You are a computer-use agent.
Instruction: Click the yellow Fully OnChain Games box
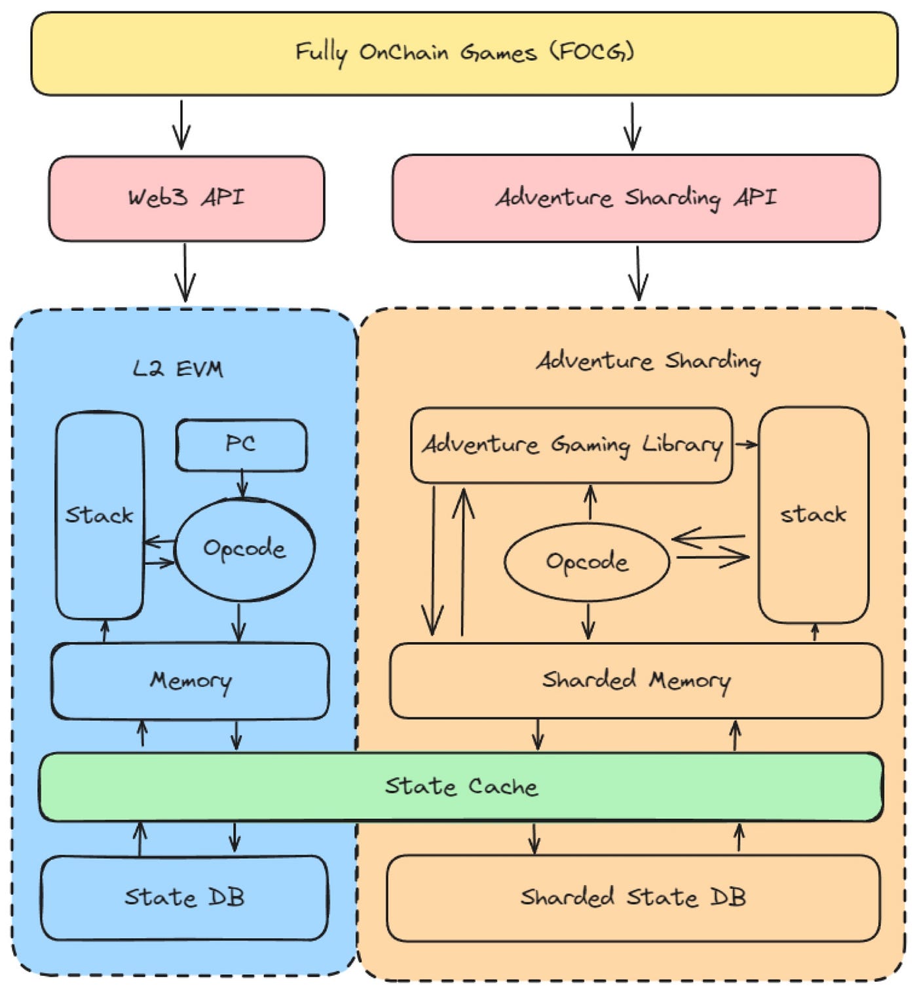pyautogui.click(x=464, y=53)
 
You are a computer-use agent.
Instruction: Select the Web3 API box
pyautogui.click(x=186, y=198)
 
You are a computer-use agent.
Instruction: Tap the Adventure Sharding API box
pyautogui.click(x=635, y=198)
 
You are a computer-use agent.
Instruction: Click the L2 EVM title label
pyautogui.click(x=178, y=369)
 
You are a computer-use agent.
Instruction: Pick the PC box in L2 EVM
pyautogui.click(x=241, y=445)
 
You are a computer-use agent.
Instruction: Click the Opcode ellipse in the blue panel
pyautogui.click(x=244, y=549)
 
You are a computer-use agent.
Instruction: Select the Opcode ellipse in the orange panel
pyautogui.click(x=587, y=562)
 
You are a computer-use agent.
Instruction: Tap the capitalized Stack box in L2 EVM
pyautogui.click(x=99, y=516)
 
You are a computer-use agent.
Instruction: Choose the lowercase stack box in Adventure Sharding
pyautogui.click(x=813, y=515)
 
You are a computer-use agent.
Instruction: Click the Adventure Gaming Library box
pyautogui.click(x=571, y=445)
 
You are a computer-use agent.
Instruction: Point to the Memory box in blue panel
pyautogui.click(x=190, y=681)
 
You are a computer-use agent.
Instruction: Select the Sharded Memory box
pyautogui.click(x=635, y=681)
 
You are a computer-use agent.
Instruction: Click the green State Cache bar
pyautogui.click(x=461, y=786)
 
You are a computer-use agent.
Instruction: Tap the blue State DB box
pyautogui.click(x=184, y=897)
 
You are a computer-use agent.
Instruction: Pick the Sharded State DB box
pyautogui.click(x=633, y=897)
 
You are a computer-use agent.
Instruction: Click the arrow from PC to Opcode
pyautogui.click(x=242, y=484)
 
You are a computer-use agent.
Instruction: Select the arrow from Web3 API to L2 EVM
pyautogui.click(x=185, y=273)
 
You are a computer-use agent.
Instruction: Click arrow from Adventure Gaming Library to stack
pyautogui.click(x=745, y=445)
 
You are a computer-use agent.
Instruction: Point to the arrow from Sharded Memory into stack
pyautogui.click(x=815, y=632)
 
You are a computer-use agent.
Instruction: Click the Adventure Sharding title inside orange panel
pyautogui.click(x=648, y=361)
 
